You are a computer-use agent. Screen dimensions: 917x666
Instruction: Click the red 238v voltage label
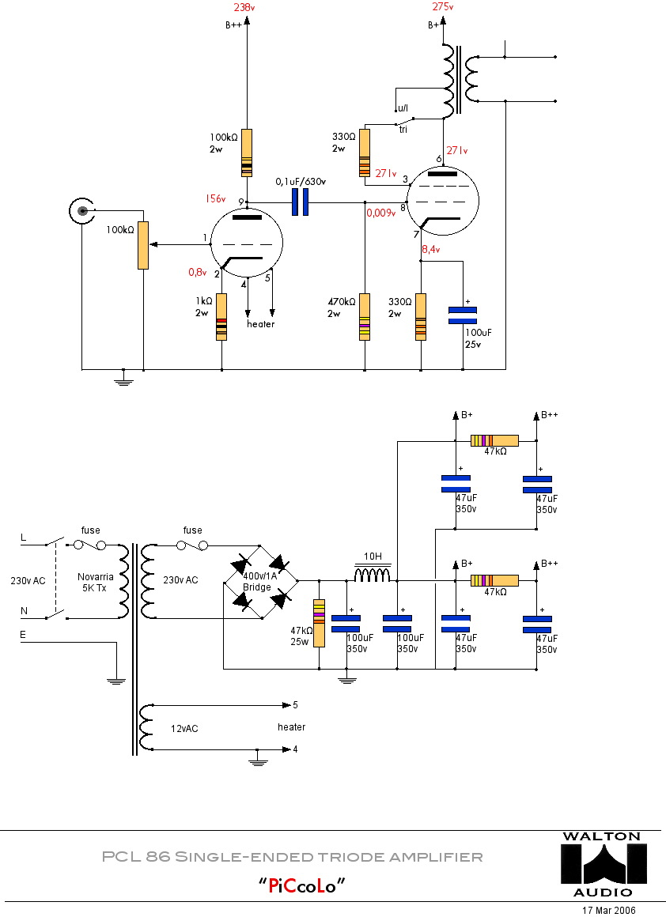[244, 7]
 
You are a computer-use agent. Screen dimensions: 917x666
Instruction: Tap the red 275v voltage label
[443, 7]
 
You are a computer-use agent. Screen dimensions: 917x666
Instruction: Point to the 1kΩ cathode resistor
[222, 316]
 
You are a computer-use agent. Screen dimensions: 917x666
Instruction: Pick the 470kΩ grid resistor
[365, 316]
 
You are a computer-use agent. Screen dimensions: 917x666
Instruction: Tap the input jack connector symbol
[81, 211]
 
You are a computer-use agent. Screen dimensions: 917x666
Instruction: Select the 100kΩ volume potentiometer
[142, 245]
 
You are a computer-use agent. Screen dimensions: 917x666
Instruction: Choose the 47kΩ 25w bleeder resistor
[320, 623]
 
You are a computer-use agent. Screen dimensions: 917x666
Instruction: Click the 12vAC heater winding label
[184, 728]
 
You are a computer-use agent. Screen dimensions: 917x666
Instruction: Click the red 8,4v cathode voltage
[430, 249]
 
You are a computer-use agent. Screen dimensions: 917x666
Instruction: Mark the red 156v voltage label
[216, 199]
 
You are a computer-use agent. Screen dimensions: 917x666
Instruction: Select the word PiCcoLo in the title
[304, 885]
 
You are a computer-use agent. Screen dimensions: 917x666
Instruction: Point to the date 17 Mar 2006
[608, 910]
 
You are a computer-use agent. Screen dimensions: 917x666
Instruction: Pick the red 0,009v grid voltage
[380, 212]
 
